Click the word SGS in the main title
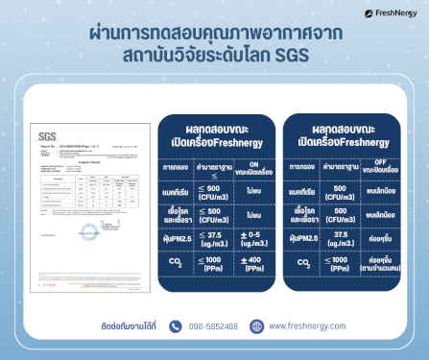tap(288, 55)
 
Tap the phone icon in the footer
tap(175, 326)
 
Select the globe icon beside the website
tap(256, 326)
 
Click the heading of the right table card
tap(338, 134)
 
